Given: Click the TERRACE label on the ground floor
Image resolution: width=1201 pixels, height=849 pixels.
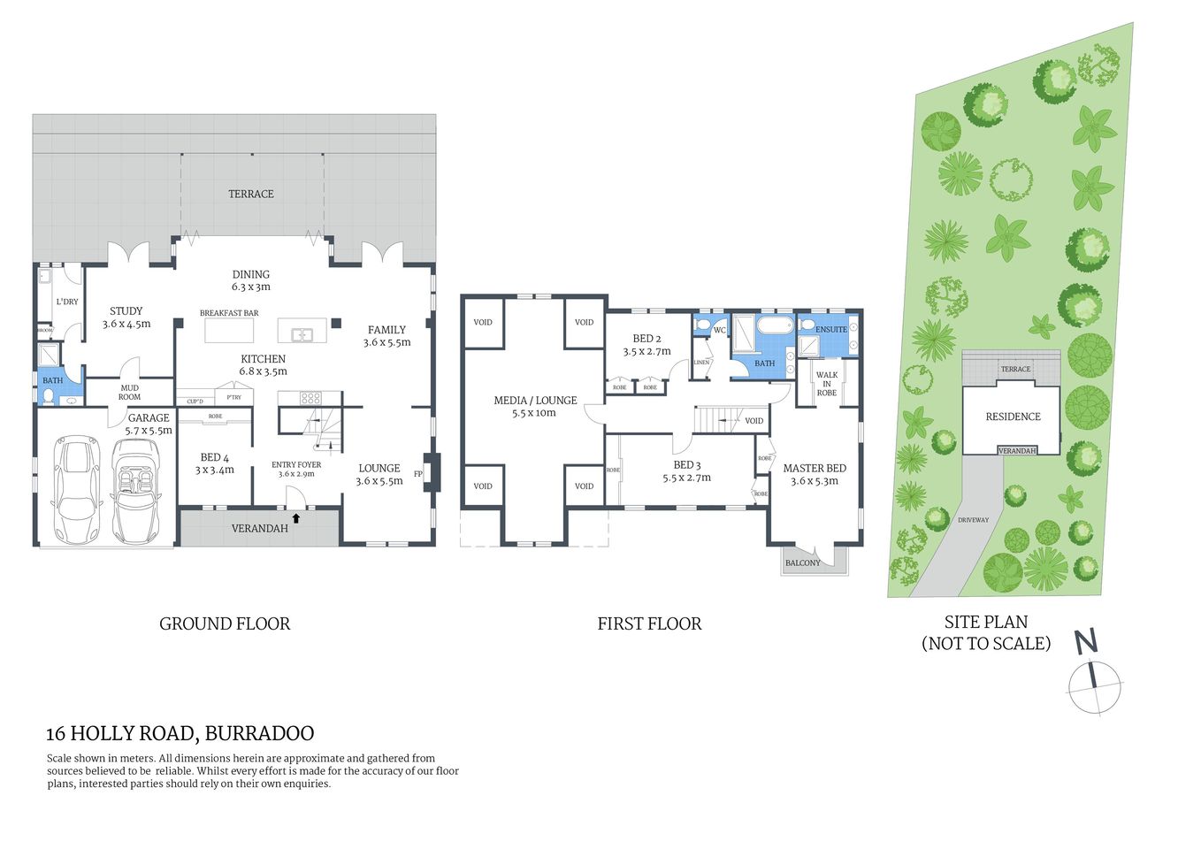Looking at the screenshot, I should [251, 194].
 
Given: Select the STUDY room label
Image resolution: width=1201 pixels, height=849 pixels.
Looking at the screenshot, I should [126, 311].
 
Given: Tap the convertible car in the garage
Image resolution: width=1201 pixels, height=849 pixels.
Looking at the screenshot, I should [134, 491].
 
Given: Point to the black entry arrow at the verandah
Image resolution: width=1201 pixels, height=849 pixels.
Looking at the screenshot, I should [296, 517].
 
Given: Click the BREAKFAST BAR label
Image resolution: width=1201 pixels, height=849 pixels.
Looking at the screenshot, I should [229, 313].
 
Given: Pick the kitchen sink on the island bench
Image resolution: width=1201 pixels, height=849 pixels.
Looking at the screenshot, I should [302, 334].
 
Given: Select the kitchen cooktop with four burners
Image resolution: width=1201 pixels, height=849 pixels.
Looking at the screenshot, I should [310, 398].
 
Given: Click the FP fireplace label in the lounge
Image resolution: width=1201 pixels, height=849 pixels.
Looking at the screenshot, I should [418, 474].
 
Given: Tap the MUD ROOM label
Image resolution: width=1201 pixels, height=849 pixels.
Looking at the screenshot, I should [130, 392].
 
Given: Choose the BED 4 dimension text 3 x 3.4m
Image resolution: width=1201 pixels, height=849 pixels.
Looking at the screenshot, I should [215, 470].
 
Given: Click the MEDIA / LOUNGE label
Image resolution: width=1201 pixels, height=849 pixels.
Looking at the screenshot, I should [535, 401].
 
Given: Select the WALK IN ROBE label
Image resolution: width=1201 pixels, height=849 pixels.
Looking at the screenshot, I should [827, 384].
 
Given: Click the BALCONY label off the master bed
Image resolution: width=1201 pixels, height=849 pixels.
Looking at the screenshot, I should [803, 562].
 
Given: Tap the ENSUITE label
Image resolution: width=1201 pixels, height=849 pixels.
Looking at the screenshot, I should [831, 329].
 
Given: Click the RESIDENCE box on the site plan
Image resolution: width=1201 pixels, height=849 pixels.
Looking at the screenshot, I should [1013, 417].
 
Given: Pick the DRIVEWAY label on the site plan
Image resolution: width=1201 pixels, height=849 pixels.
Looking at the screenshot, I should [973, 520].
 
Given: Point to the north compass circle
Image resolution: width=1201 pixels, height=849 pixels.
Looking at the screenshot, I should [1095, 686].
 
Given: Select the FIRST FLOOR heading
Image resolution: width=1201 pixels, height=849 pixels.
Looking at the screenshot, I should [649, 623].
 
